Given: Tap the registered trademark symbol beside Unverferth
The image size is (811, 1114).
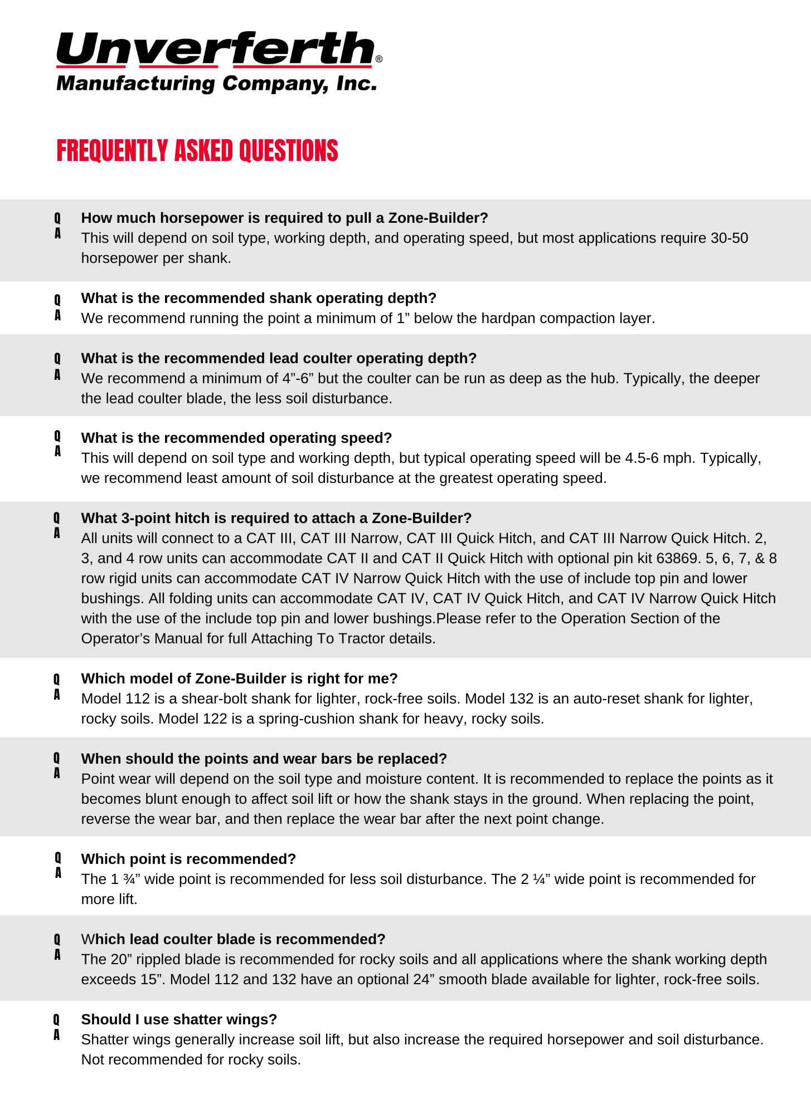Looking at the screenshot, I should coord(379,59).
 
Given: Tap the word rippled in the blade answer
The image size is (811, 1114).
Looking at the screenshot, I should coord(159,960).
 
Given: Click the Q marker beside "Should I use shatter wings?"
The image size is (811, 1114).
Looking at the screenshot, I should coord(56,1019).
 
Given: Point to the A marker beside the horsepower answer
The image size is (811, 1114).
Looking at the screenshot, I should coord(57,234).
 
